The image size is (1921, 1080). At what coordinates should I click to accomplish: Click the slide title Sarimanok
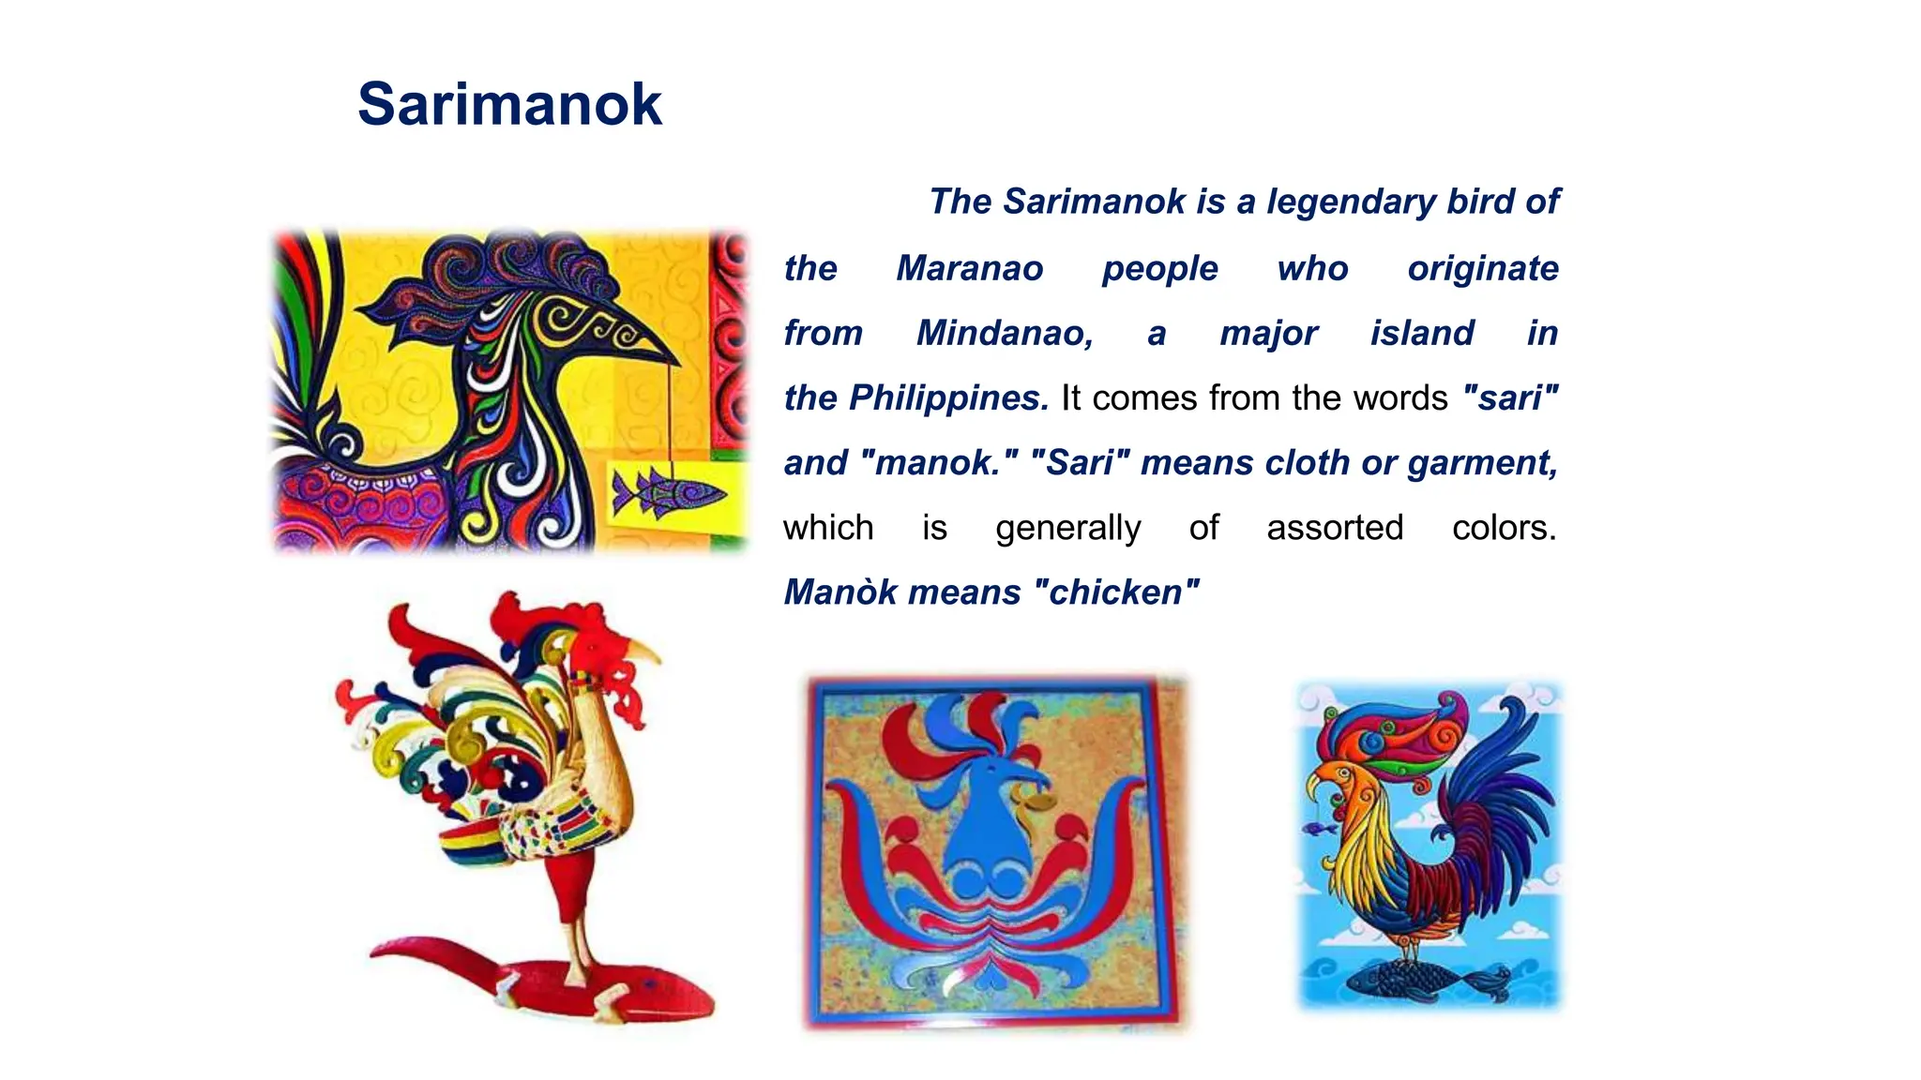pyautogui.click(x=509, y=104)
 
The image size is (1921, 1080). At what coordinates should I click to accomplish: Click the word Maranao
pyautogui.click(x=969, y=269)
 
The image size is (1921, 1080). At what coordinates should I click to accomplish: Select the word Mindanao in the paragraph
pyautogui.click(x=1004, y=334)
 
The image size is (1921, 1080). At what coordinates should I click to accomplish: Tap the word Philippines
pyautogui.click(x=948, y=398)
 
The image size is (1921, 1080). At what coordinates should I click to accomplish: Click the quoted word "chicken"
pyautogui.click(x=1115, y=592)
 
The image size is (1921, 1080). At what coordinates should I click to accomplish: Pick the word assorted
pyautogui.click(x=1334, y=528)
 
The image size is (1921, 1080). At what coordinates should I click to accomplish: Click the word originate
pyautogui.click(x=1482, y=269)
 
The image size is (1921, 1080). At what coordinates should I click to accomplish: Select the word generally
pyautogui.click(x=1067, y=528)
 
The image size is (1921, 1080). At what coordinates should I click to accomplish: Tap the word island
pyautogui.click(x=1422, y=334)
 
